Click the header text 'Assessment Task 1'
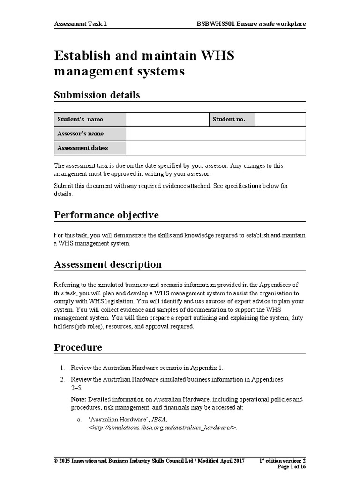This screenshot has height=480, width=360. [83, 23]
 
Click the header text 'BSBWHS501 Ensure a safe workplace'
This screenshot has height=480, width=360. [252, 23]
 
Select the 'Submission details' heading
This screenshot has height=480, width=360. [97, 95]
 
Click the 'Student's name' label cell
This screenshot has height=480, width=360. [90, 120]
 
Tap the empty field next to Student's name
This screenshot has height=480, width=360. [167, 120]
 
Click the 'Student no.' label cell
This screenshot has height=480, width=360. [232, 120]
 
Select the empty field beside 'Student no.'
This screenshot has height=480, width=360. [280, 120]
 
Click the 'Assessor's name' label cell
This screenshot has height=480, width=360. [90, 134]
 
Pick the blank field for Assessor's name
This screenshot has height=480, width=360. [216, 134]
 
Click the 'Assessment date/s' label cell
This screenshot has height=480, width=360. [90, 148]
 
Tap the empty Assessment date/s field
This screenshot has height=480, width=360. [216, 148]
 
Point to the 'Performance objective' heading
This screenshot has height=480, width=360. [106, 215]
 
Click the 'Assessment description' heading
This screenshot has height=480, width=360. [108, 264]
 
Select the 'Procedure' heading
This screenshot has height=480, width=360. [78, 348]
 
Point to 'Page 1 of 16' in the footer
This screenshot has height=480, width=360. [292, 467]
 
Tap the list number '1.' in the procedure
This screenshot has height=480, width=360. [62, 367]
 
